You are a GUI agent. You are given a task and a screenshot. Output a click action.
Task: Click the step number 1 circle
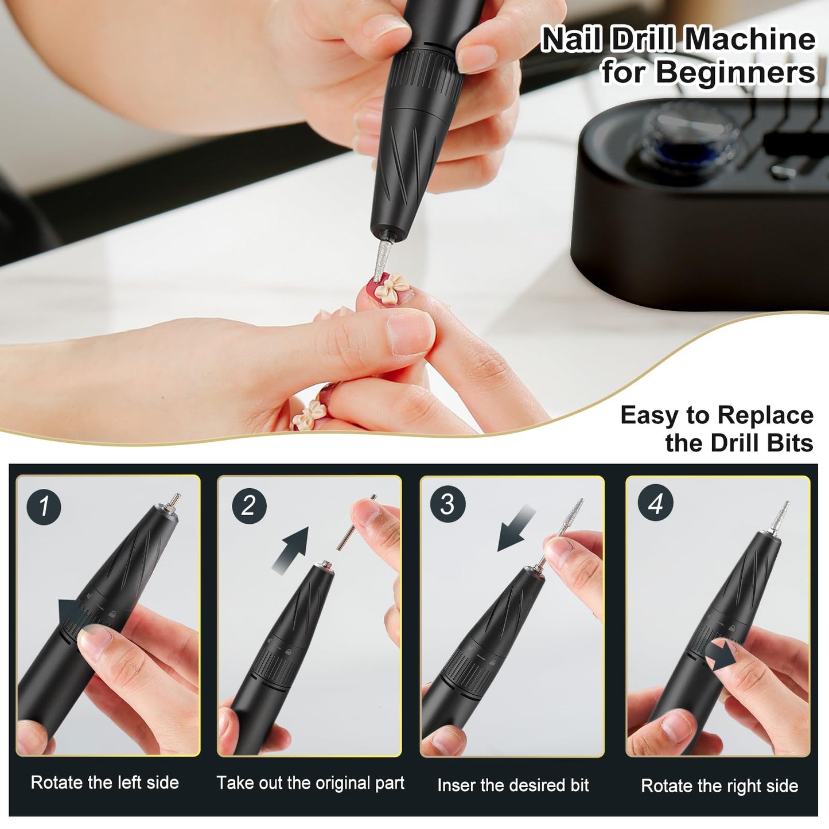tap(44, 506)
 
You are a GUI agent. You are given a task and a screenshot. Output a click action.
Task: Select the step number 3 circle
tap(447, 504)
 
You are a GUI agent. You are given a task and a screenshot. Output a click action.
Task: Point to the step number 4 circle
tap(655, 504)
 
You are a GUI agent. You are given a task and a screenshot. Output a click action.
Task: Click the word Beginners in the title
tap(735, 73)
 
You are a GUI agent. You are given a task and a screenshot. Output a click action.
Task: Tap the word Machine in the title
tap(750, 40)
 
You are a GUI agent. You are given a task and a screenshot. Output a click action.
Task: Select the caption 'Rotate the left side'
tap(105, 783)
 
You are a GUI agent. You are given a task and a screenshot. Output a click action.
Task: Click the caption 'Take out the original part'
tap(310, 783)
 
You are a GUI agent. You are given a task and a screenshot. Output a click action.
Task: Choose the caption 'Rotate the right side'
tap(719, 785)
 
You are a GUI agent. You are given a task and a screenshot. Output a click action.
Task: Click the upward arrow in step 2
tap(293, 548)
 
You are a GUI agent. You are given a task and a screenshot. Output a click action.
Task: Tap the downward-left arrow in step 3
tap(515, 532)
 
